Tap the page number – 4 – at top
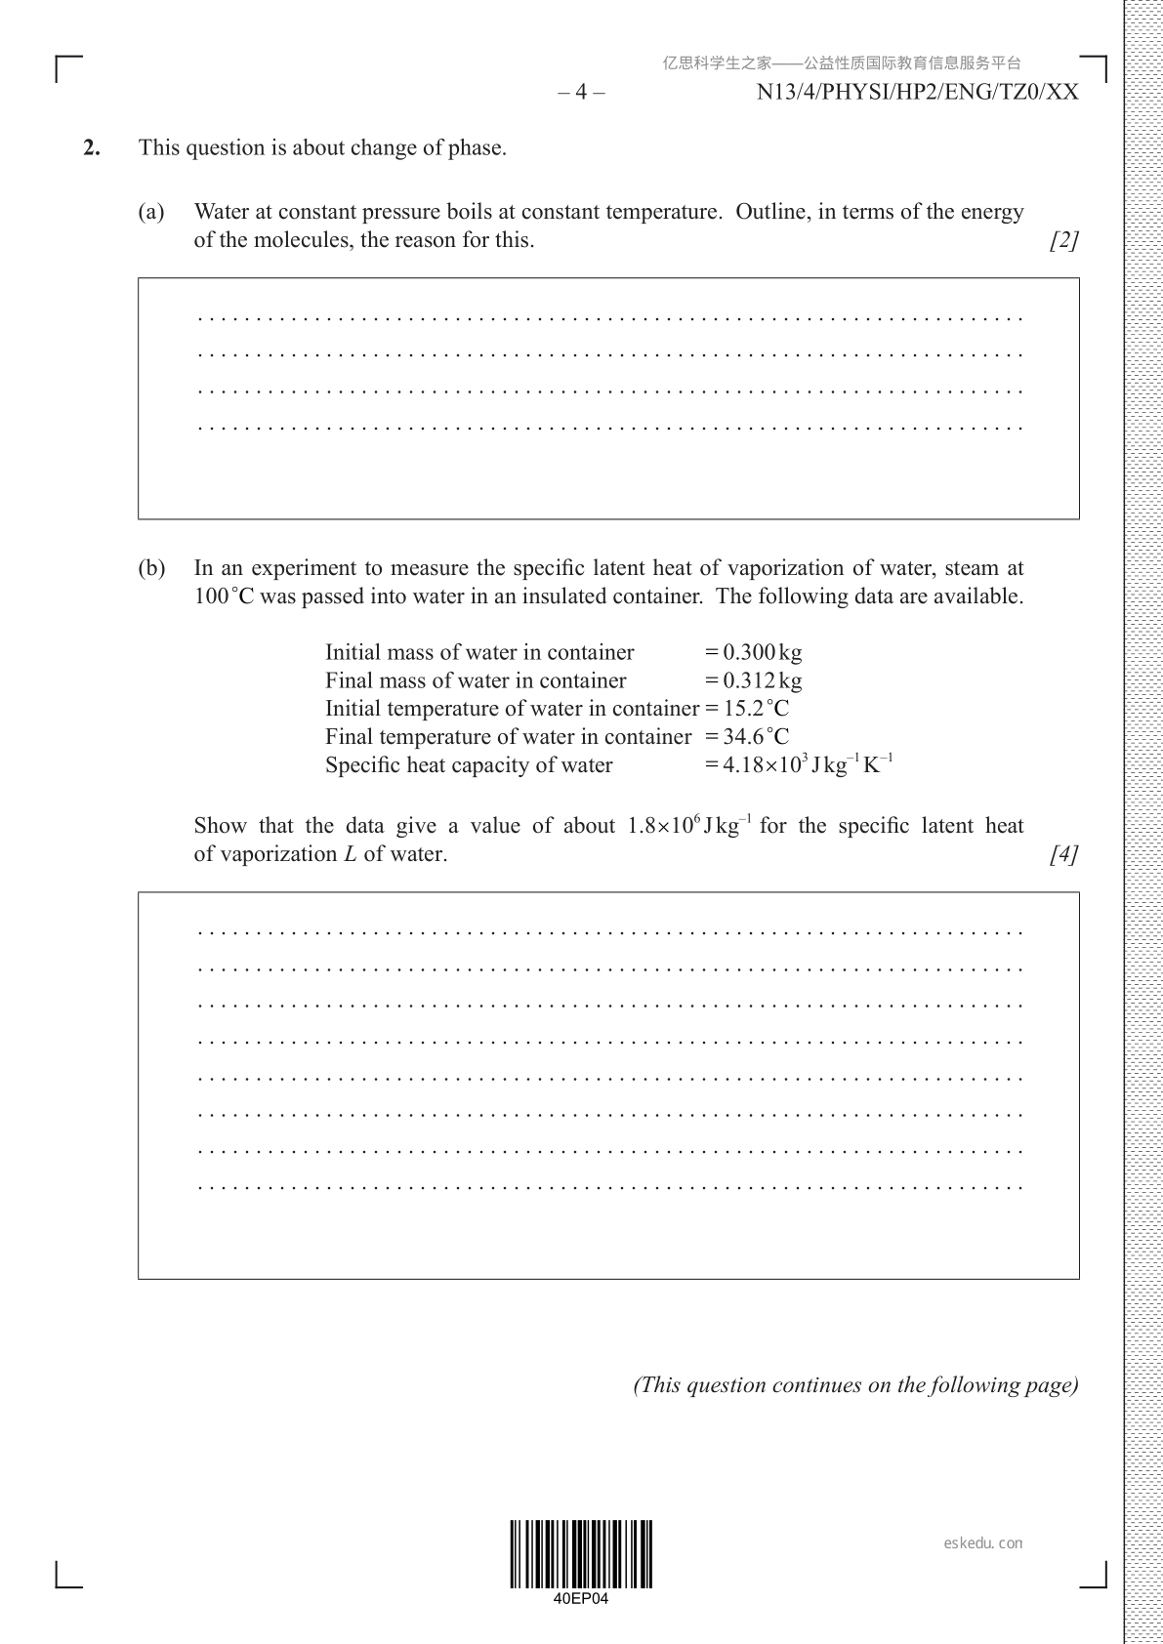coord(581,93)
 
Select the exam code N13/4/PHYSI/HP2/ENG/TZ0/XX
coord(917,93)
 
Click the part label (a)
coord(151,212)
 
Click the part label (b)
coord(151,568)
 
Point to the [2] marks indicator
coord(1063,240)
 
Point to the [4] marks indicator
coord(1063,854)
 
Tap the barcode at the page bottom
coord(581,1554)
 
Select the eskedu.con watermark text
coord(983,1543)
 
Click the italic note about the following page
coord(856,1385)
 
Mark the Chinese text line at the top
coord(842,63)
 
